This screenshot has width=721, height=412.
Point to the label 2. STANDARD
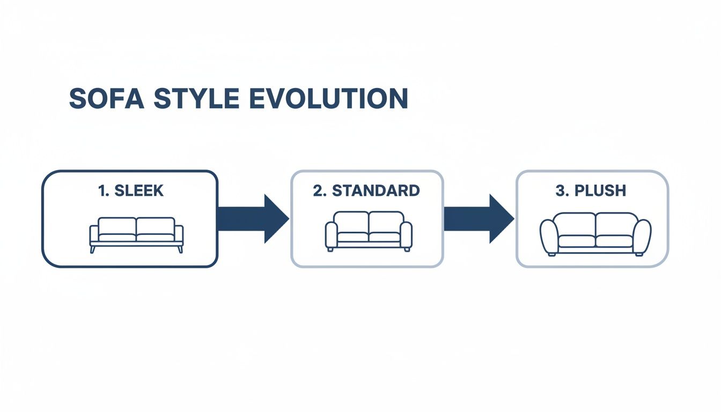coord(366,190)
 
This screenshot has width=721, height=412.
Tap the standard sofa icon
coord(369,231)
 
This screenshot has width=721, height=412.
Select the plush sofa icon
coord(595,234)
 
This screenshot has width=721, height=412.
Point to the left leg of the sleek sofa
coord(92,249)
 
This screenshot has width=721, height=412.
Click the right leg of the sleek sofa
coord(181,249)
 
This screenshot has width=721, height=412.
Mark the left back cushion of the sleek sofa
coord(117,226)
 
